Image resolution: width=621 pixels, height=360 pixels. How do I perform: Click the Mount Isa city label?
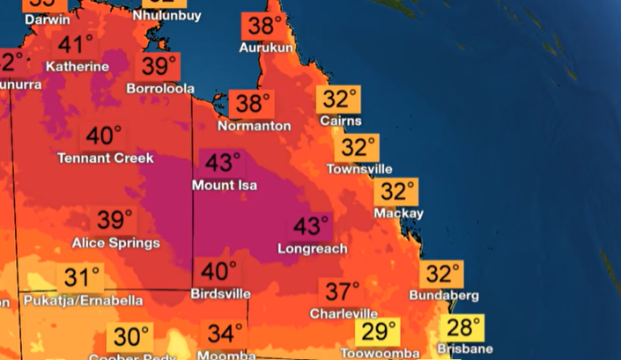point(225,186)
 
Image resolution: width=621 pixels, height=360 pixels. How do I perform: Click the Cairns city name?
point(341,121)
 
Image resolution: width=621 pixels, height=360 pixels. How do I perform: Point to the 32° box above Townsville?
point(359,147)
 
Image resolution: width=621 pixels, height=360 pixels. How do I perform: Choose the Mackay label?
point(398,213)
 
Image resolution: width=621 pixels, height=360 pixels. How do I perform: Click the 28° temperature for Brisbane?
point(464,328)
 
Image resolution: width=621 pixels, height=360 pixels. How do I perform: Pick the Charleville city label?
point(344,313)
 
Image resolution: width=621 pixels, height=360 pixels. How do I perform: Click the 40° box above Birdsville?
point(219,272)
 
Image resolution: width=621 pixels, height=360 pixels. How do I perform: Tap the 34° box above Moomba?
point(225,334)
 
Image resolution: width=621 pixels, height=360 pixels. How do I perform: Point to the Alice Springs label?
point(115,242)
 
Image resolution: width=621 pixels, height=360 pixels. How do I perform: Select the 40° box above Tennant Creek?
point(104,136)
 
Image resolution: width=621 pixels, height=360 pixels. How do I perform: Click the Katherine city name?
point(78,67)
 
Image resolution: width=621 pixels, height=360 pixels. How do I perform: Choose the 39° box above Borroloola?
point(159,67)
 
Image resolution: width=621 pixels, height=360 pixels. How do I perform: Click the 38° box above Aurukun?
point(265,26)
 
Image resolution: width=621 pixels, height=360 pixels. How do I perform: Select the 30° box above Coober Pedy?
point(130,336)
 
